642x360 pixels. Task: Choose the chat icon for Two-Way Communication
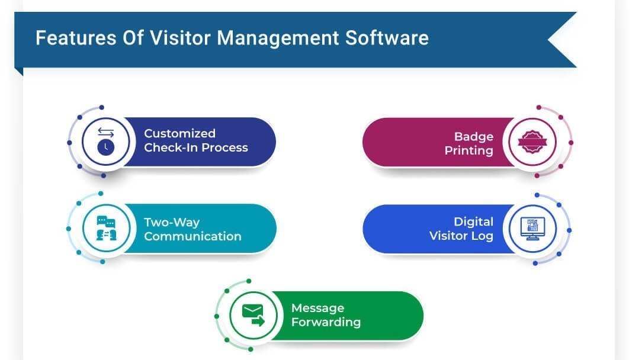(105, 228)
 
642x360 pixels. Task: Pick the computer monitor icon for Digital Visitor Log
(532, 229)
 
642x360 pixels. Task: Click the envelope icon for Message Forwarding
(252, 315)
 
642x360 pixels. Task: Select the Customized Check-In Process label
(195, 141)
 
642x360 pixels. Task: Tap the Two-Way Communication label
(192, 230)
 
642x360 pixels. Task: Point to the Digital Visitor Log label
(461, 229)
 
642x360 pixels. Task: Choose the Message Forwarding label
(325, 316)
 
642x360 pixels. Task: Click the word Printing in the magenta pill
(469, 151)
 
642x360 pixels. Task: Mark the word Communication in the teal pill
(192, 237)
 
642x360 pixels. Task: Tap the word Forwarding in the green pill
(325, 323)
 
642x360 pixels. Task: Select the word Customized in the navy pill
(179, 134)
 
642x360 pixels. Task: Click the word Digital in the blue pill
(473, 222)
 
